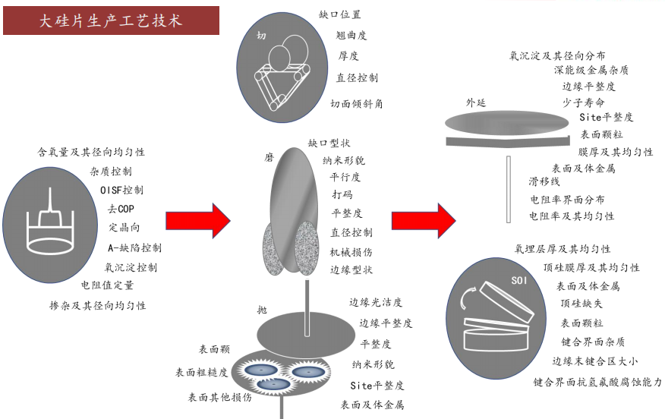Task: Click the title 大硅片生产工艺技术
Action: tap(111, 20)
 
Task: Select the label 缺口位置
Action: tap(340, 14)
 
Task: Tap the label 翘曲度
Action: tap(351, 35)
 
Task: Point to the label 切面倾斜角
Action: tap(356, 104)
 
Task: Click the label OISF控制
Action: tap(121, 190)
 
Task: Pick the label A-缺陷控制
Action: tap(134, 247)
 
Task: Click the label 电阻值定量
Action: tap(107, 285)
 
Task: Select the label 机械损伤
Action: tap(351, 251)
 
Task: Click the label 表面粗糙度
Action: tap(201, 373)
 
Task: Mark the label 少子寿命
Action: tap(583, 102)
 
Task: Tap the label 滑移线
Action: tap(544, 182)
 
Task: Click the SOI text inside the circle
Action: tap(521, 282)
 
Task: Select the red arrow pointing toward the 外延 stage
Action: tap(424, 220)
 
